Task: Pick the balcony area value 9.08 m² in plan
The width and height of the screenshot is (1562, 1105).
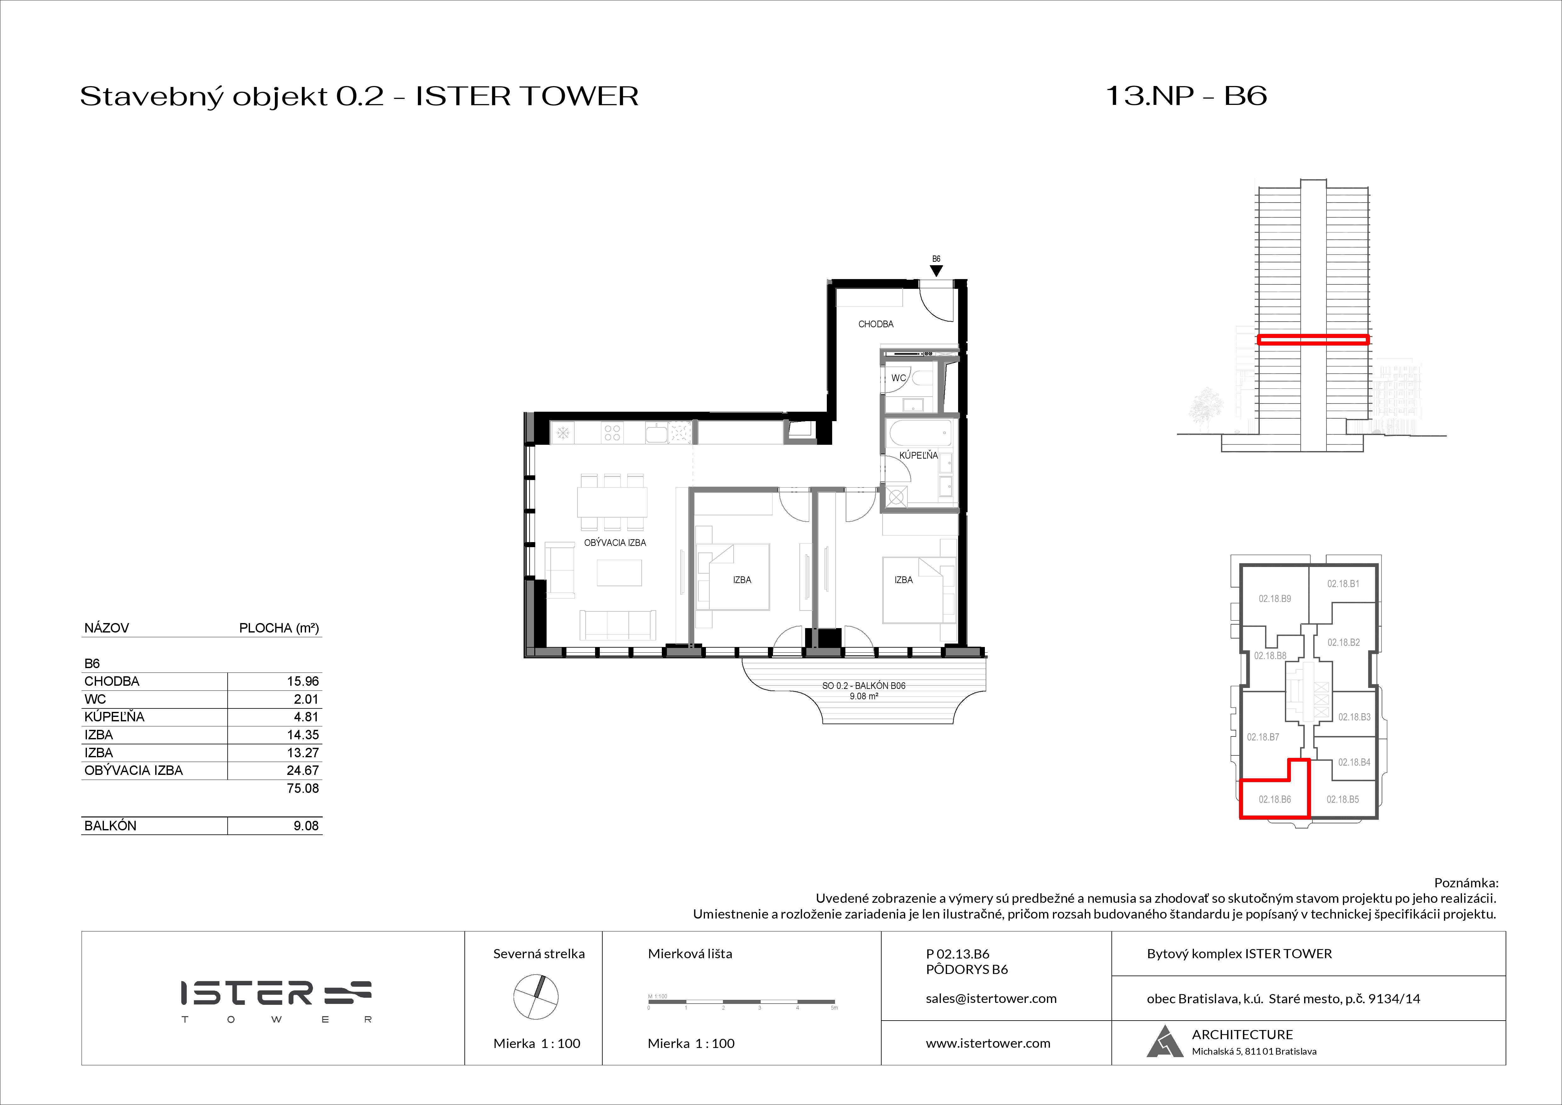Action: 863,696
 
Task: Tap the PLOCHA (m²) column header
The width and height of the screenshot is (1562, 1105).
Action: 279,628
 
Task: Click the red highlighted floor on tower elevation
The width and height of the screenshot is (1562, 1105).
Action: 1312,339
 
